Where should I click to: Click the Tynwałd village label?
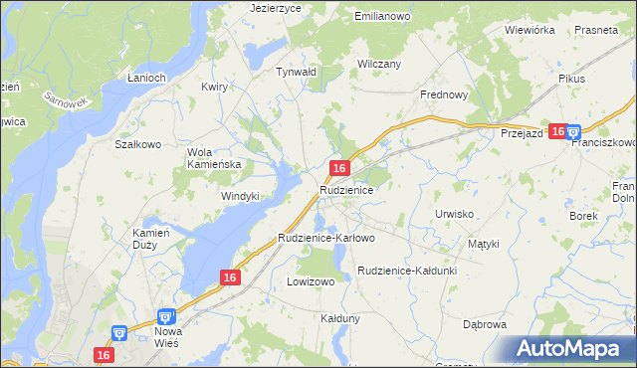[x=296, y=72]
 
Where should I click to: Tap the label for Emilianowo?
[x=383, y=17]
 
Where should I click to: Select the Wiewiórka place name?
[x=529, y=30]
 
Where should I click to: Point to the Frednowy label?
[x=444, y=95]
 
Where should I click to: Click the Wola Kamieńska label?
[x=214, y=158]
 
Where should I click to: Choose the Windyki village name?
[x=240, y=196]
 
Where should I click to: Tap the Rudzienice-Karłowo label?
[x=326, y=238]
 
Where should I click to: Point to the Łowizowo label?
[x=311, y=281]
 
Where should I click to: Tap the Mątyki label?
[x=483, y=243]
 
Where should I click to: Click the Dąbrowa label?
[x=486, y=324]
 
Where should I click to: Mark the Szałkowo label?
[x=138, y=143]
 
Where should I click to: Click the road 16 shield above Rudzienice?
[x=340, y=168]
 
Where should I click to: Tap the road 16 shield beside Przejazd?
[x=557, y=131]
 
